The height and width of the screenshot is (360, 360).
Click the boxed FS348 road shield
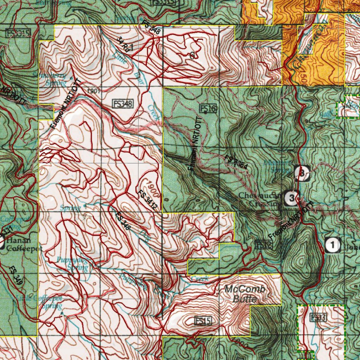[123, 104]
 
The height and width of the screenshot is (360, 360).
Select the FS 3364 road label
[239, 164]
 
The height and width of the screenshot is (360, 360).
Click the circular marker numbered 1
[333, 245]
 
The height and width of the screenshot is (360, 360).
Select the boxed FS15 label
[203, 320]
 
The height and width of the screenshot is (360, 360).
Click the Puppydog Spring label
[72, 264]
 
